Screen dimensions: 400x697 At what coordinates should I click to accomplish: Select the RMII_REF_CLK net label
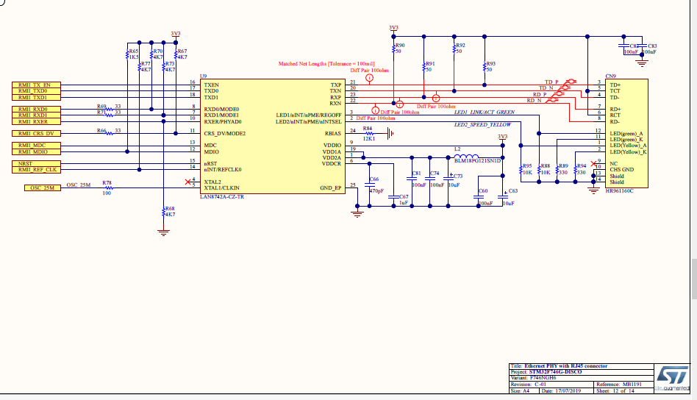[x=38, y=170]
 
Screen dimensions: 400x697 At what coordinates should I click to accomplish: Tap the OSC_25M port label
[x=43, y=188]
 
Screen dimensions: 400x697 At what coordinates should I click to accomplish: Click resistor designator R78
[x=107, y=182]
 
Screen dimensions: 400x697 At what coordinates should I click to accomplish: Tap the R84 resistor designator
[x=368, y=128]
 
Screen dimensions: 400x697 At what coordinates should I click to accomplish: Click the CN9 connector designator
[x=610, y=76]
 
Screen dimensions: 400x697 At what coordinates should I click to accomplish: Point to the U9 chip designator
[x=203, y=76]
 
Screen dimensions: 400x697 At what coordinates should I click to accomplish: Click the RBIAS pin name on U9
[x=332, y=133]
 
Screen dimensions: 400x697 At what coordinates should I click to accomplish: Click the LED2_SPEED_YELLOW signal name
[x=482, y=125]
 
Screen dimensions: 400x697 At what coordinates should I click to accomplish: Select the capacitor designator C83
[x=653, y=46]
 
